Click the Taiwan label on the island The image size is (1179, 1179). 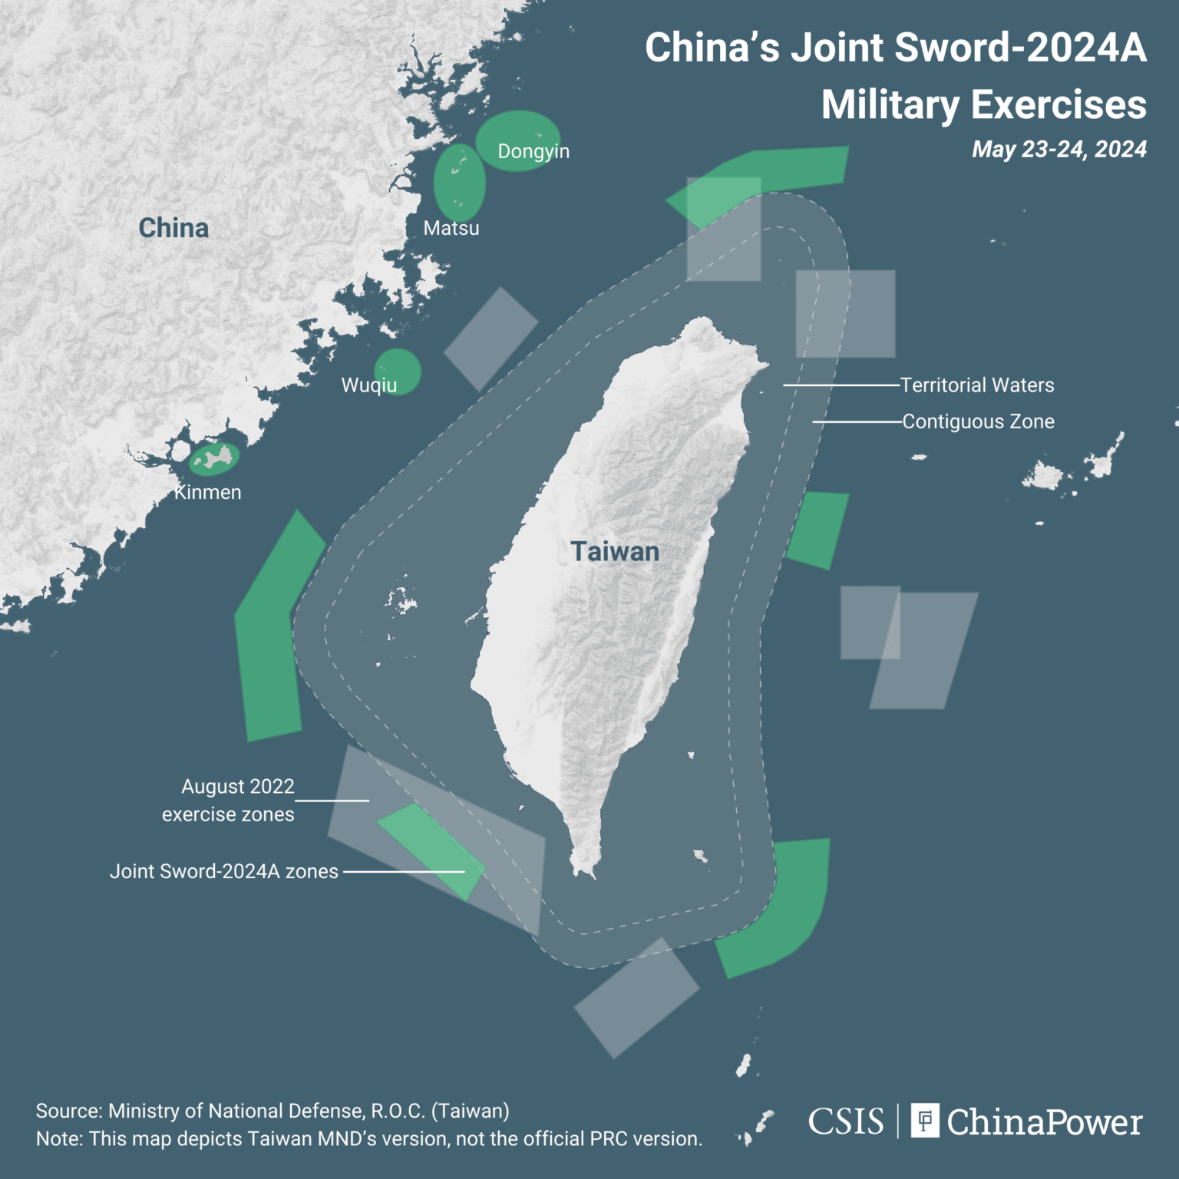[615, 551]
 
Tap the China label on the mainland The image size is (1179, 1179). [173, 228]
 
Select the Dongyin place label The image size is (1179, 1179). [533, 151]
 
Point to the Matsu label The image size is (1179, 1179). [451, 228]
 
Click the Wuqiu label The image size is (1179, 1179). [369, 385]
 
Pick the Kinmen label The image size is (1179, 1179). [208, 493]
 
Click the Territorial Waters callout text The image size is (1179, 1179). [977, 385]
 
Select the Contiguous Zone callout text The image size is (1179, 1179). [978, 421]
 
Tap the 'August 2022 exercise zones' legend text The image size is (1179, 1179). [229, 800]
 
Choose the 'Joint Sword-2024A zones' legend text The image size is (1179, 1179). [224, 871]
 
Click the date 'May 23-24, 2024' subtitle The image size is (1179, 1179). [1059, 149]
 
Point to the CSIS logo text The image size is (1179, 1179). [846, 1121]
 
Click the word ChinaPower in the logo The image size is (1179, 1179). [1044, 1122]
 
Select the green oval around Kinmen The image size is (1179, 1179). [215, 459]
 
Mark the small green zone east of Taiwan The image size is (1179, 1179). [817, 530]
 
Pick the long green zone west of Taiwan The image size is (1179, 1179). [272, 629]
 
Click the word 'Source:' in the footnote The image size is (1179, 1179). [69, 1111]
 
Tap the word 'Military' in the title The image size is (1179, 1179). [890, 105]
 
